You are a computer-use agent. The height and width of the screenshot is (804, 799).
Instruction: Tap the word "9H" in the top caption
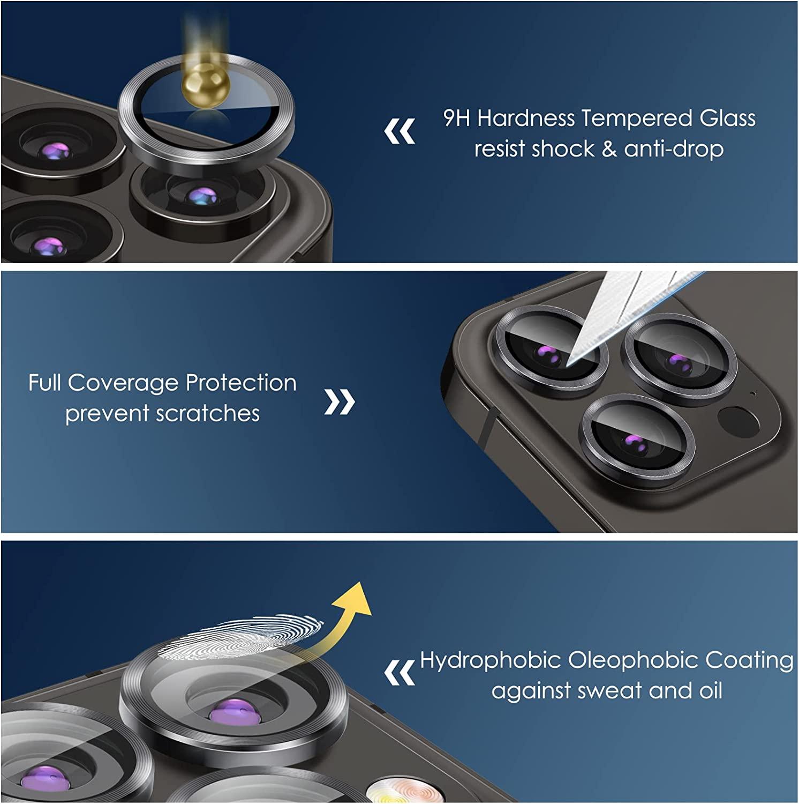click(456, 118)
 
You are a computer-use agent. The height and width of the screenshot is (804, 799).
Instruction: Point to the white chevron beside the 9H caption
click(399, 132)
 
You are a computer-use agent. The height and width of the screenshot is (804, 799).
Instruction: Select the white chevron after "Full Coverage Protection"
click(340, 402)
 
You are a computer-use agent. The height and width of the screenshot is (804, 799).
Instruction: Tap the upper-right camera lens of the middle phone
click(679, 360)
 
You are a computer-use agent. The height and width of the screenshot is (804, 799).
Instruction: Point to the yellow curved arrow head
click(356, 597)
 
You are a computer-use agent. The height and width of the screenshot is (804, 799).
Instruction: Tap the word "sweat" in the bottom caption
click(610, 690)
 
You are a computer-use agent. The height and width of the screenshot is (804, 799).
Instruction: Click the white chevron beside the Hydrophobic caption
click(399, 672)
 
